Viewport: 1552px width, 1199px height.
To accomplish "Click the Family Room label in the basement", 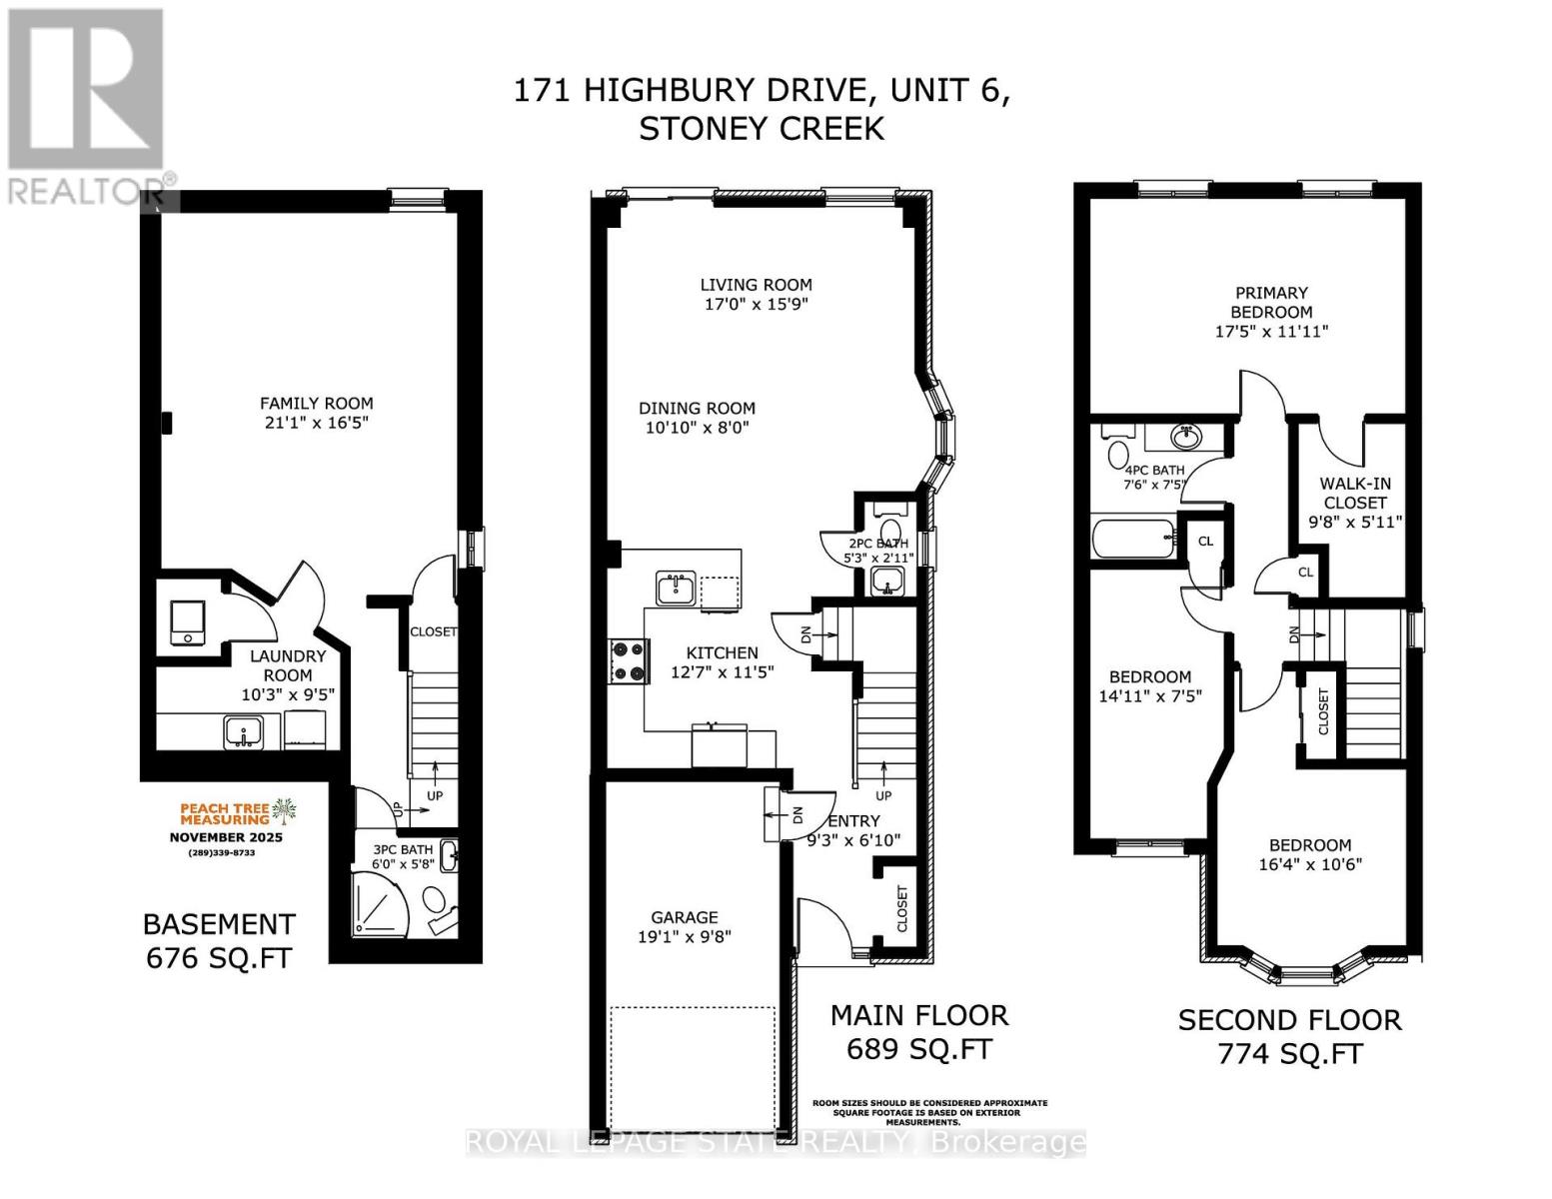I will (x=317, y=404).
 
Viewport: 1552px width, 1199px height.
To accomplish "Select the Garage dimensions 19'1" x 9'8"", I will (x=685, y=937).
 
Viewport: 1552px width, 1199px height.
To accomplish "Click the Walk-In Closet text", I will (x=1355, y=493).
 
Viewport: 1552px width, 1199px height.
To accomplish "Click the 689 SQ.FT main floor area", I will (x=919, y=1049).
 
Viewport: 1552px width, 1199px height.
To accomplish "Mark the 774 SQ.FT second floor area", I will (x=1290, y=1053).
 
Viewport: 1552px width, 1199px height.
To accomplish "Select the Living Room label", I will (x=756, y=285).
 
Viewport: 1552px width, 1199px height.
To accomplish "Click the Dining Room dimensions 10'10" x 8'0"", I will (x=698, y=428).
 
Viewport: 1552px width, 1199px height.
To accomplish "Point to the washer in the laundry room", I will (x=187, y=623).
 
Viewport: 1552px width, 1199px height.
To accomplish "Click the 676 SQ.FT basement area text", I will (x=220, y=957).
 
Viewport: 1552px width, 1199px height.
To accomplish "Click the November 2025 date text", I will (x=226, y=837).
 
